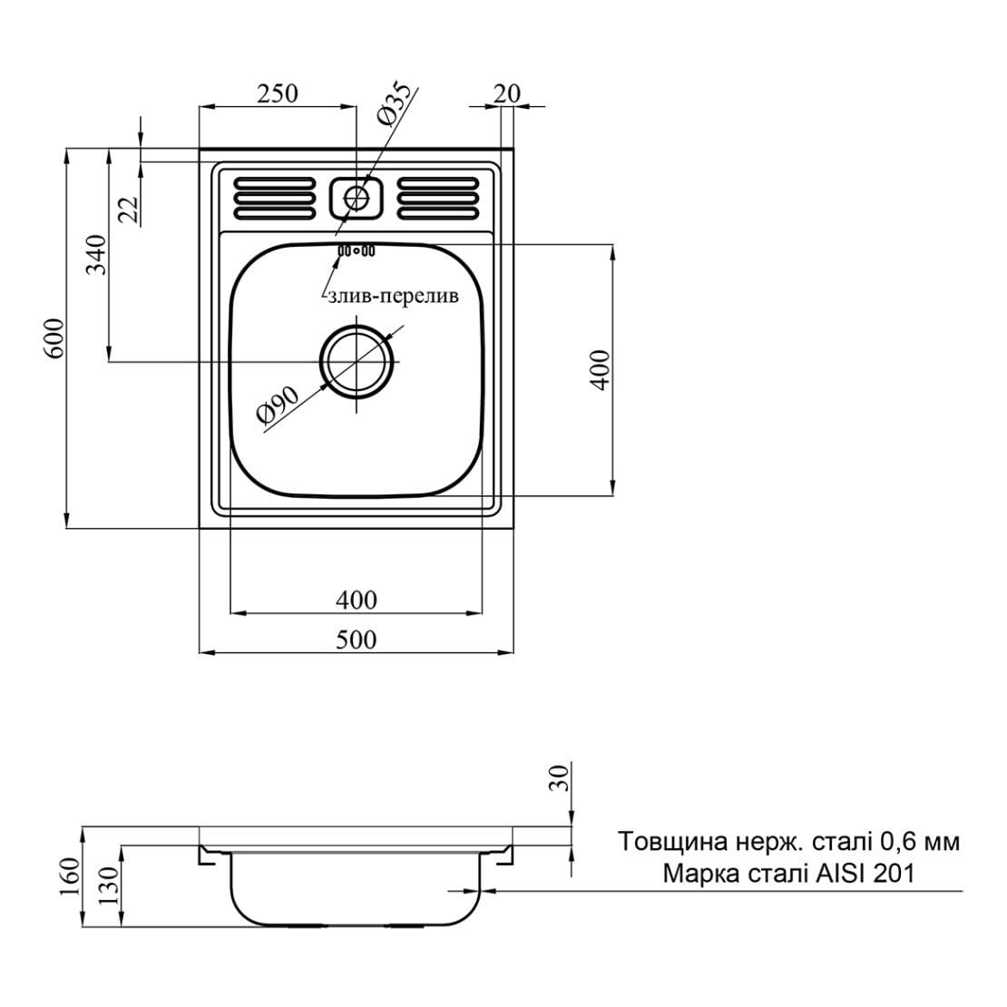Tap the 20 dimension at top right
[x=507, y=93]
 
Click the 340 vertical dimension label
[x=97, y=255]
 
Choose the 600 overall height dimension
[x=54, y=337]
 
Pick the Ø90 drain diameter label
[x=278, y=406]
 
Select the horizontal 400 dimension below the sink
[x=356, y=600]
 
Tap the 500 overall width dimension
[x=356, y=640]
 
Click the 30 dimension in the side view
[x=560, y=777]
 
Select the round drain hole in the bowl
[x=357, y=361]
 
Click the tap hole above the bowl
[x=356, y=196]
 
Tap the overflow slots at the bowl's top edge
[x=356, y=250]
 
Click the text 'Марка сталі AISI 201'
[x=788, y=875]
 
